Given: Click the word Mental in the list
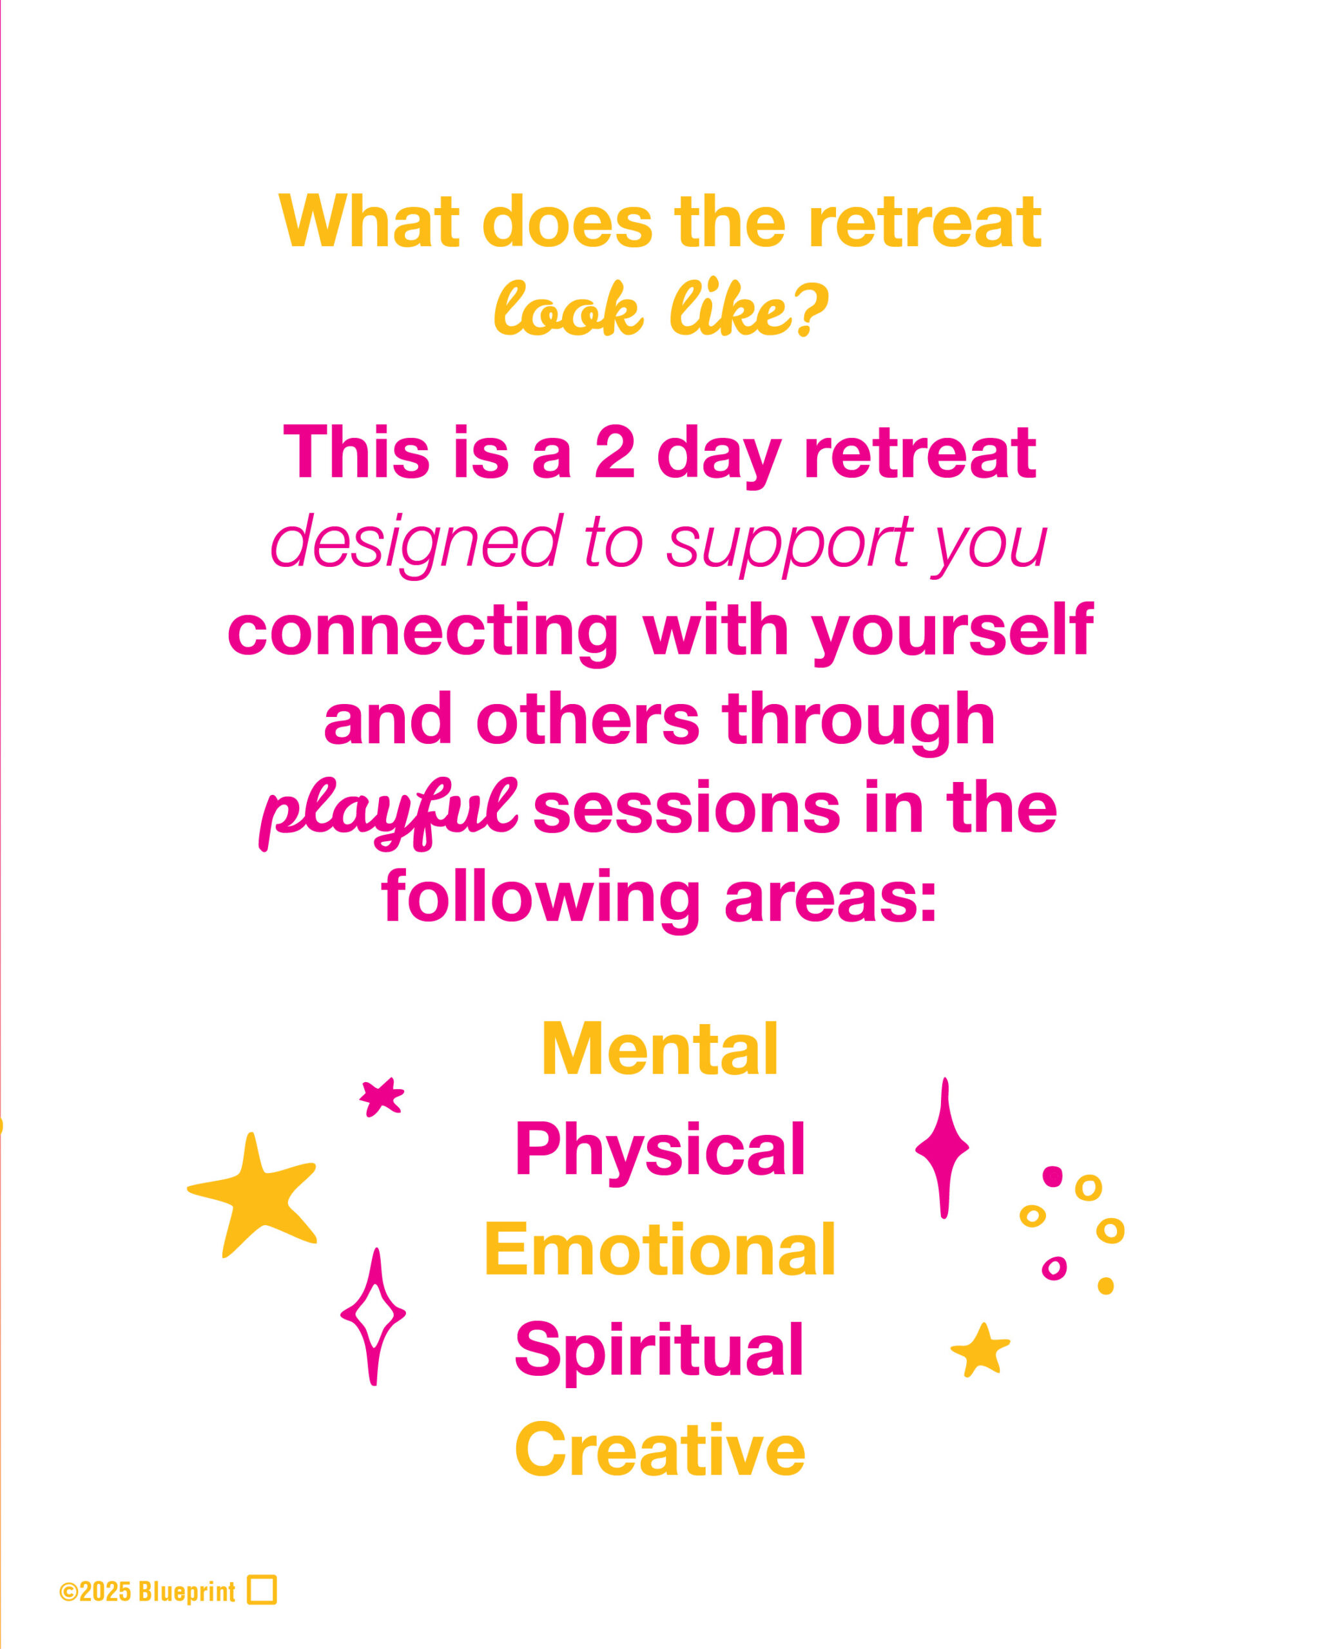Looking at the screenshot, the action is [659, 1049].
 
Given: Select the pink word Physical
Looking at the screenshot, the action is [659, 1150].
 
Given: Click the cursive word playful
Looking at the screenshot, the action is [388, 814].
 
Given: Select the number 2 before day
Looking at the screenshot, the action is [614, 453].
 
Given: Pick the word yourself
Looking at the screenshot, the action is [952, 632].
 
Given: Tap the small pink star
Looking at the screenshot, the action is [381, 1097].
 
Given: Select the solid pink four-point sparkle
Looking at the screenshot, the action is [943, 1147].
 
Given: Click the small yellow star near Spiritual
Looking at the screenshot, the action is [980, 1350].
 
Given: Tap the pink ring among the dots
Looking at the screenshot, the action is [1054, 1268].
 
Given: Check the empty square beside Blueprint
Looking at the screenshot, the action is [262, 1590].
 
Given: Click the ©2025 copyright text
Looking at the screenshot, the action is [95, 1592].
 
